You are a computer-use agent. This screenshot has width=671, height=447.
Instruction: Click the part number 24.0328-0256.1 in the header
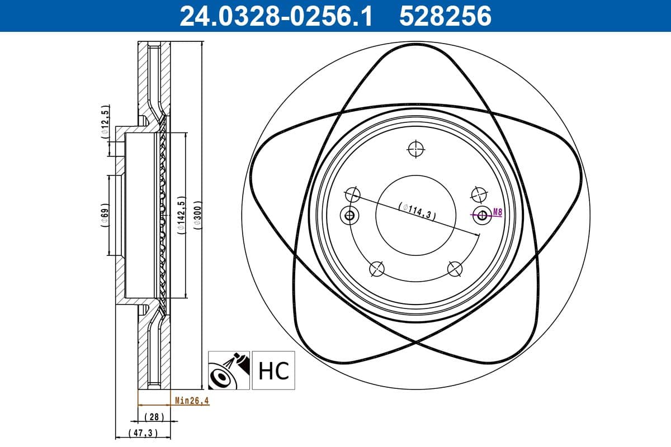(275, 16)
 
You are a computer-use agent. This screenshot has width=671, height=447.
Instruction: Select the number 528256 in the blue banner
(445, 16)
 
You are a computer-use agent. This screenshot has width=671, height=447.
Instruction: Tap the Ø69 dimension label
(105, 215)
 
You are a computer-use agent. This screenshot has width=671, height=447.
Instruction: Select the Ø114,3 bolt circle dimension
(417, 211)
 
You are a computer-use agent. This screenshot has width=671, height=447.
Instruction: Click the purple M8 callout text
(497, 212)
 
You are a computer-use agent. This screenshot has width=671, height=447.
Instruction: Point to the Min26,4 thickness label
(192, 400)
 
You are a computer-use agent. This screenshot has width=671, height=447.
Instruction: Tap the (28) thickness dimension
(153, 417)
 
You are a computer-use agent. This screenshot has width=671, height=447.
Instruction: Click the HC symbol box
(273, 370)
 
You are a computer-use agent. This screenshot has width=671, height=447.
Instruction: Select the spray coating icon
(229, 370)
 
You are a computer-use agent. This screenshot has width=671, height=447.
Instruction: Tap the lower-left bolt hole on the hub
(378, 269)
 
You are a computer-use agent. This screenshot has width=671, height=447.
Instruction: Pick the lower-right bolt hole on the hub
(455, 269)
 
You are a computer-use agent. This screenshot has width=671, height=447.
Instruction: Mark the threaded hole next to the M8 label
(481, 214)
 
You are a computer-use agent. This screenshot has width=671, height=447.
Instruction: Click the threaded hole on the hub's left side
(349, 215)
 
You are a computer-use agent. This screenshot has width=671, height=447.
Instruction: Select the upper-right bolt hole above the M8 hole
(478, 194)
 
